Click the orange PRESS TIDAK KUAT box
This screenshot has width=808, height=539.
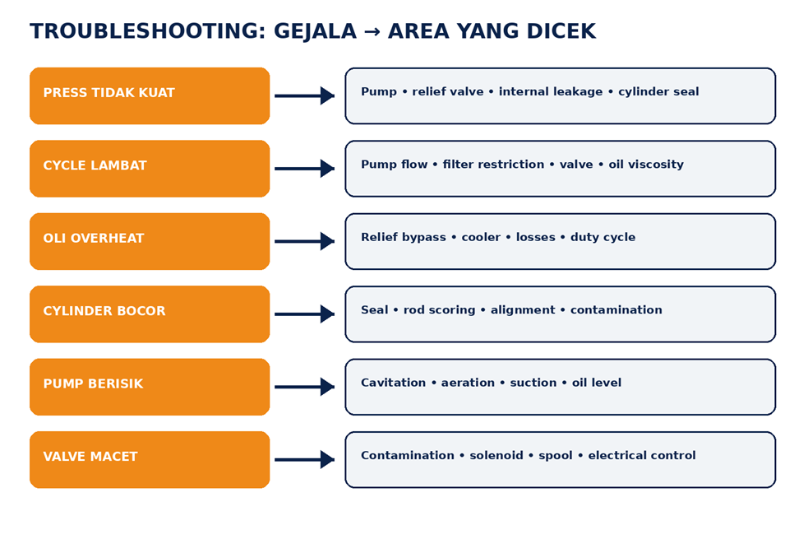150,96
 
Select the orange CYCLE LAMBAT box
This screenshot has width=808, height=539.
150,169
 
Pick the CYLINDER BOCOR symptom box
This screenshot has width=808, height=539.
150,314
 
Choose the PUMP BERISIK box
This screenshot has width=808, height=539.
150,387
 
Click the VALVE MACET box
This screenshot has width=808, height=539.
150,459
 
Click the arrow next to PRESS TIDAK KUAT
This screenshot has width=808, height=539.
305,96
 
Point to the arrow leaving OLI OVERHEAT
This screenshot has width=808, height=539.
305,241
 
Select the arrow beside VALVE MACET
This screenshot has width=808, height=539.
305,459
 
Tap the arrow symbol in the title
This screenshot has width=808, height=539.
372,32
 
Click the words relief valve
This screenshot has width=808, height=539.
448,92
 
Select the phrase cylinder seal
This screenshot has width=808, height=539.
658,92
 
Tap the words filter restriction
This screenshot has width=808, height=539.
493,165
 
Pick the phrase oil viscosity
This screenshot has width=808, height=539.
646,165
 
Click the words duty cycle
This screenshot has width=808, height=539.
603,238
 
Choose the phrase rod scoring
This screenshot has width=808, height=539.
439,310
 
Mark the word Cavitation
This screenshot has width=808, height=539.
393,383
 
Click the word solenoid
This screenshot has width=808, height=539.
496,455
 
